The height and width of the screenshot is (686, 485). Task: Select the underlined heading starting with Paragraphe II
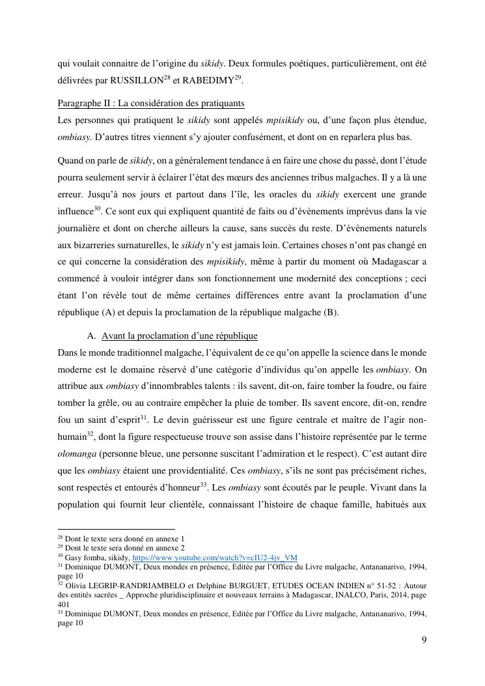click(x=150, y=104)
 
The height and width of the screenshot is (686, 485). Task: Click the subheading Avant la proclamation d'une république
click(x=179, y=336)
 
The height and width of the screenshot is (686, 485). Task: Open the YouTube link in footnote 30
click(x=215, y=558)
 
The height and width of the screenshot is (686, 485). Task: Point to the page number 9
click(x=424, y=640)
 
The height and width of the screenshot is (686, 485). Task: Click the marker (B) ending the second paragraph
click(x=332, y=313)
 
